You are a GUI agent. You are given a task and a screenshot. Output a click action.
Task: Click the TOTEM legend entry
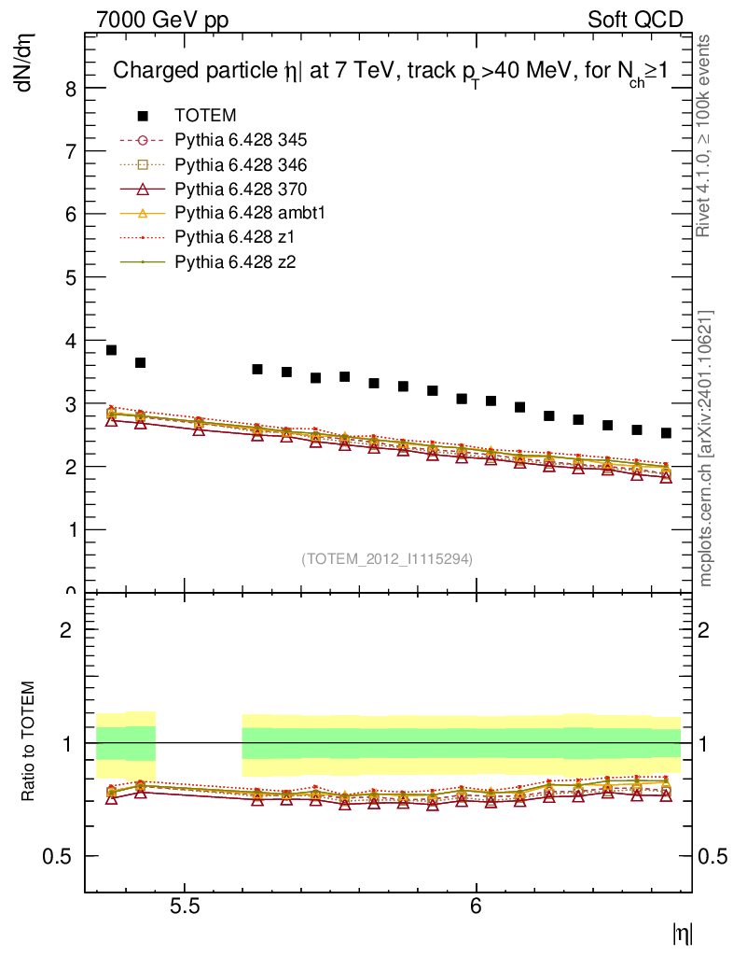[205, 116]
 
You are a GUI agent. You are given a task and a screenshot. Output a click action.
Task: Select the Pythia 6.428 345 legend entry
[241, 140]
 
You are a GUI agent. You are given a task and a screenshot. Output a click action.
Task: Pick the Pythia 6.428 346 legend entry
[241, 164]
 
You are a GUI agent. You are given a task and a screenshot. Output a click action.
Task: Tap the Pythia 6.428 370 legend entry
[241, 189]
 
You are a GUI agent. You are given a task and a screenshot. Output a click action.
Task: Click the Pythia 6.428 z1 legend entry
[233, 237]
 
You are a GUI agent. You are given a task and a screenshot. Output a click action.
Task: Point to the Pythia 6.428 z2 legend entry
[233, 261]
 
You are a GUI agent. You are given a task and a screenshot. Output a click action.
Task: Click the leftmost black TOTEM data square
[111, 350]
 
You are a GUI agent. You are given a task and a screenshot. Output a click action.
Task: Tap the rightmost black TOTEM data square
[666, 433]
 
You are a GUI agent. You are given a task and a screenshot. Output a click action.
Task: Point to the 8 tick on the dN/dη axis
[70, 88]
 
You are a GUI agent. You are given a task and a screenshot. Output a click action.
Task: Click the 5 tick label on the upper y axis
[70, 277]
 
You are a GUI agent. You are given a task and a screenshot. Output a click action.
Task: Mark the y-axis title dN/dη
[25, 64]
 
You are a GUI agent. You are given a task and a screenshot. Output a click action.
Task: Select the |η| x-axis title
[682, 934]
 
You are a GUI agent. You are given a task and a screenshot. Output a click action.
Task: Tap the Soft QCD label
[635, 20]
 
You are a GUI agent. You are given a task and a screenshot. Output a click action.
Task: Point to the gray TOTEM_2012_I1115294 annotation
[386, 559]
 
